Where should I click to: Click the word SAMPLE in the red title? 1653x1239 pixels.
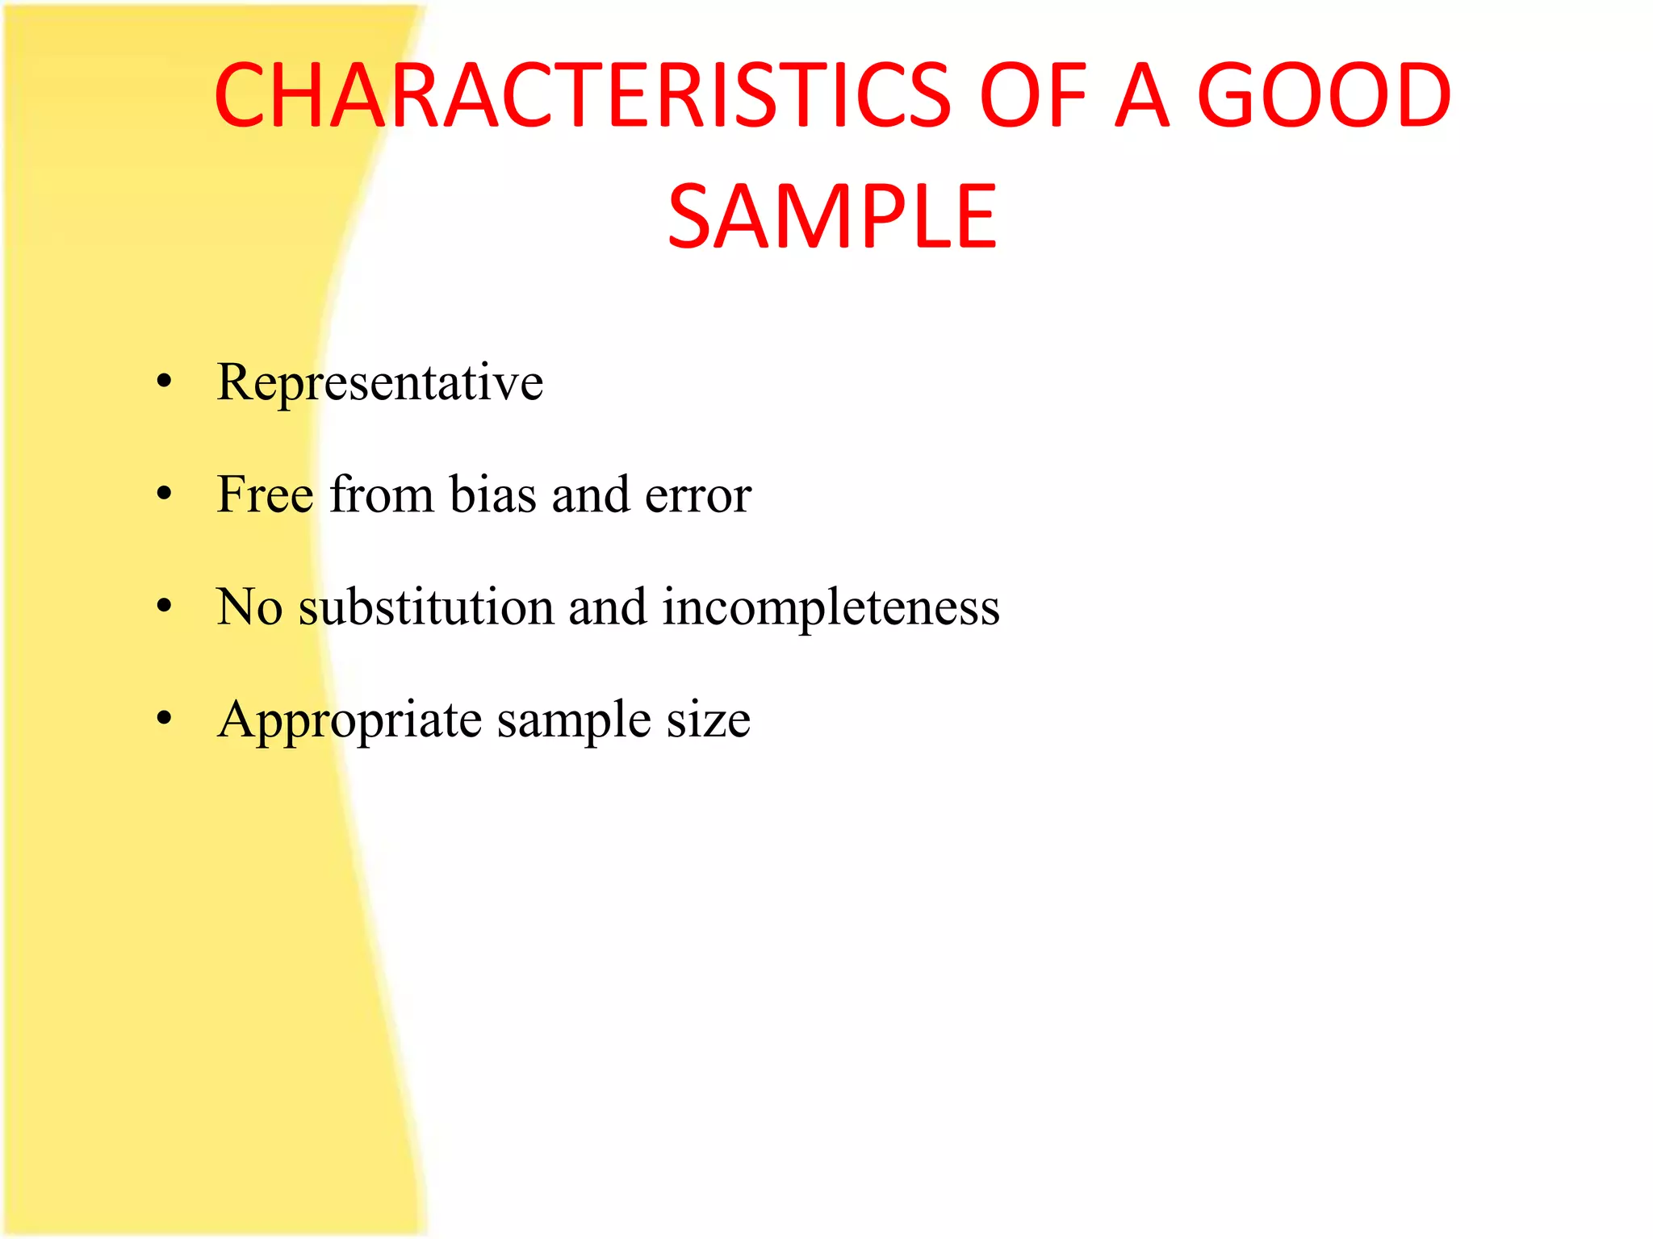[832, 216]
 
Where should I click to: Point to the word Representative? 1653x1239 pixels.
[379, 382]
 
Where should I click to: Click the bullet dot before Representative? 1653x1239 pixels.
[165, 382]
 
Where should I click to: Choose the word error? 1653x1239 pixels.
[698, 495]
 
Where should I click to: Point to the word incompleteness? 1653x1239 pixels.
[831, 607]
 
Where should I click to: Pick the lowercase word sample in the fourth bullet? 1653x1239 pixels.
[573, 720]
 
